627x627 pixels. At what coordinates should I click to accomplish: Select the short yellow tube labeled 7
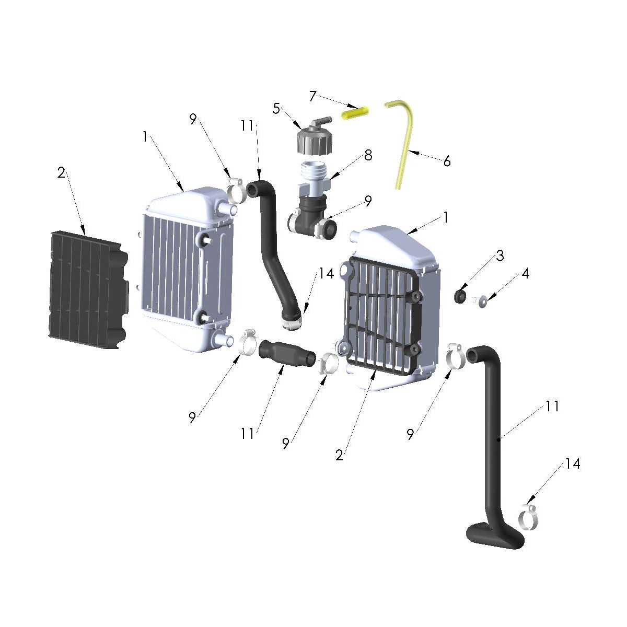(355, 112)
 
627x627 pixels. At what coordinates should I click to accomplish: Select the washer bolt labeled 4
(479, 300)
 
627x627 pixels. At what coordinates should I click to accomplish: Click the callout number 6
(447, 161)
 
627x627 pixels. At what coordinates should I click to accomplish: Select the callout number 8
(368, 155)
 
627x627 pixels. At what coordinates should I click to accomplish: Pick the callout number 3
(500, 256)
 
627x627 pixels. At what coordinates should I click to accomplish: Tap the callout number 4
(525, 273)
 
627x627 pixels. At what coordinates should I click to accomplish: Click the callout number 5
(276, 109)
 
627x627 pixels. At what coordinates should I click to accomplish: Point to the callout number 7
(312, 96)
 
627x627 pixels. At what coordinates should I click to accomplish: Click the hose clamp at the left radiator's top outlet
(236, 191)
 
